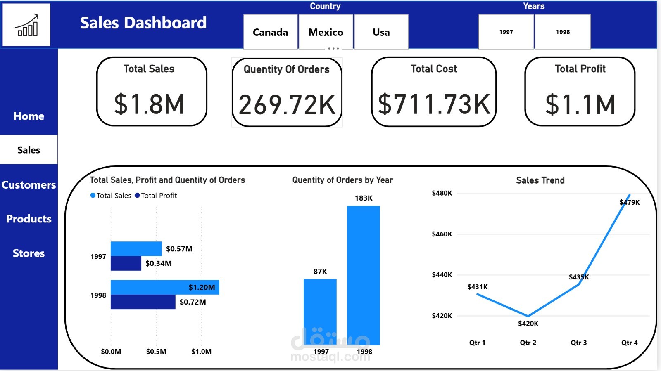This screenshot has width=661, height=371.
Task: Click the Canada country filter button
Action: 270,32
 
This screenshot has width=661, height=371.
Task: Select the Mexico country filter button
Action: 326,32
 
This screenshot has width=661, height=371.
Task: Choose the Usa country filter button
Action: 381,32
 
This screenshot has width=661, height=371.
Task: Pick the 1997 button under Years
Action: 506,32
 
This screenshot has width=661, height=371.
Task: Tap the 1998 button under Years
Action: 563,32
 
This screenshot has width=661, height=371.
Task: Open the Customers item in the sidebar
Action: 29,185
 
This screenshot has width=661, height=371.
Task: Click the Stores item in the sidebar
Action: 29,253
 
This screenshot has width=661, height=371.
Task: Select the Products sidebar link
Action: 29,219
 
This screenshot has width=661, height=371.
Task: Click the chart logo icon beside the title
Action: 26,25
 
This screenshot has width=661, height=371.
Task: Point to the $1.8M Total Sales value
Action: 149,104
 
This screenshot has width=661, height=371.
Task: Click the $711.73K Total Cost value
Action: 434,104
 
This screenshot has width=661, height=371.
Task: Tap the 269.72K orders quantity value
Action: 287,105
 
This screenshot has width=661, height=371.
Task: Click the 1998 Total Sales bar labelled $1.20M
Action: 164,287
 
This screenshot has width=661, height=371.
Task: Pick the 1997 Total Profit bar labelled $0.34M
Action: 126,263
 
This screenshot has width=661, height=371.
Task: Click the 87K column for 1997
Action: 320,312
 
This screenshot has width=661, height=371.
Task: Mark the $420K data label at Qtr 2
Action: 528,324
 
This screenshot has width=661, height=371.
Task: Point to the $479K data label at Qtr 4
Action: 630,202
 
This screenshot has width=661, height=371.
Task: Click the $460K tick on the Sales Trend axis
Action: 442,234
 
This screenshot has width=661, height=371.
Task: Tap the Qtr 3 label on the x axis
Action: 578,343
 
